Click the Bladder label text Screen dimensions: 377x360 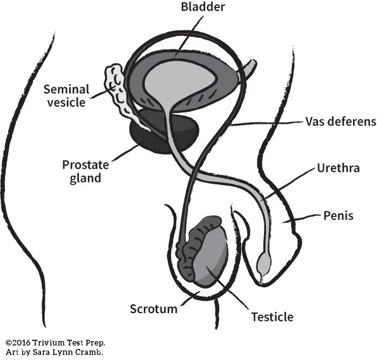pos(203,7)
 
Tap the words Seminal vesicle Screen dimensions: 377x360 pos(66,96)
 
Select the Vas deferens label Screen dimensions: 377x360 pos(341,121)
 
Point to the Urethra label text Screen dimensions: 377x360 pos(338,168)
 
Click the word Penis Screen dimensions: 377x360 pos(338,215)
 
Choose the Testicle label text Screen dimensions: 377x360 pos(272,317)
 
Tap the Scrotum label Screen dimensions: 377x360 pos(153,309)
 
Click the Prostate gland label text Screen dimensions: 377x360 pos(86,171)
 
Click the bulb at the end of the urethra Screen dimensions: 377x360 pos(264,263)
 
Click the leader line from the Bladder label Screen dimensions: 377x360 pos(189,36)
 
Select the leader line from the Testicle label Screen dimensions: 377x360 pos(227,287)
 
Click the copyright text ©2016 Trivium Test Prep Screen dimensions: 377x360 pos(56,342)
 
